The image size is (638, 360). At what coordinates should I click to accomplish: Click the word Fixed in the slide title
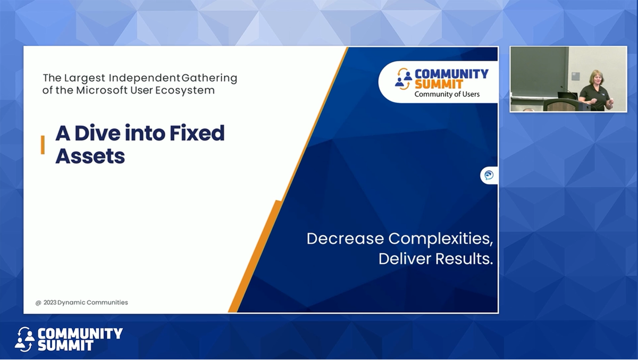click(197, 133)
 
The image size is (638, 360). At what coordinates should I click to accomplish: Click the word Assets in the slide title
click(90, 156)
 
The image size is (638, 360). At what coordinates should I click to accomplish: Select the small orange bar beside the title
click(43, 145)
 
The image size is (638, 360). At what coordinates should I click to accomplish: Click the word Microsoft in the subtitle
click(102, 90)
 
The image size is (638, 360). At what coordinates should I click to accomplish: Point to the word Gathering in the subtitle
click(209, 78)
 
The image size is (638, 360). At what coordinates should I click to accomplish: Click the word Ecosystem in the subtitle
click(185, 90)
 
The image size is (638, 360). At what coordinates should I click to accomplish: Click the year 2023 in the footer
click(50, 303)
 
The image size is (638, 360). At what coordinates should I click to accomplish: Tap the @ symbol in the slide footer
click(38, 303)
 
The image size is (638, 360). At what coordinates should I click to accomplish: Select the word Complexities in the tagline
click(441, 239)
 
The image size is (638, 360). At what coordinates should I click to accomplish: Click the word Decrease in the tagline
click(345, 239)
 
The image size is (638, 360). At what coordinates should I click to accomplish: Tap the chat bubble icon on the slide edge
click(489, 175)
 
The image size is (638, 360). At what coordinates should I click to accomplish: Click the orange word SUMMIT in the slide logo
click(439, 85)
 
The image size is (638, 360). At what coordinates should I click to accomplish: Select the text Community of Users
click(447, 94)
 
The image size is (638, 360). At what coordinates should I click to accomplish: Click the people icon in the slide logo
click(404, 79)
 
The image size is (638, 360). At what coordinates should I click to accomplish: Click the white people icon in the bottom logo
click(25, 339)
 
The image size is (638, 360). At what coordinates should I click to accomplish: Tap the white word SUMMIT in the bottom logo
click(65, 346)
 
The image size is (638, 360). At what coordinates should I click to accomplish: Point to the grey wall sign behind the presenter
click(575, 76)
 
